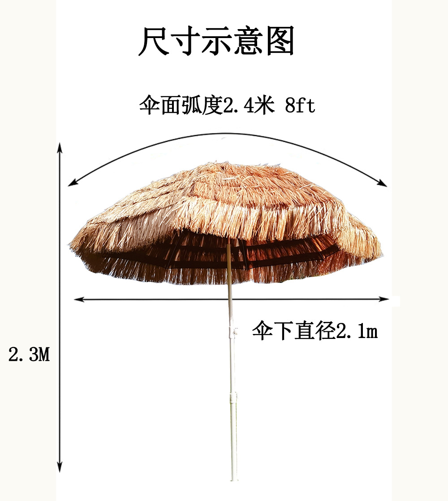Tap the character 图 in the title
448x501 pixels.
click(x=280, y=42)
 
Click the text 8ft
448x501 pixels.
click(x=300, y=107)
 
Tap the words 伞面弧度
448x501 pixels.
click(x=181, y=107)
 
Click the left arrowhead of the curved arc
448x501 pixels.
click(x=71, y=183)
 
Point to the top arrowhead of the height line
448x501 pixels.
click(x=60, y=148)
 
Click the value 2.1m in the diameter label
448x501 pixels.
click(x=357, y=332)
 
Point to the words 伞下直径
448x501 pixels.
click(x=293, y=332)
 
